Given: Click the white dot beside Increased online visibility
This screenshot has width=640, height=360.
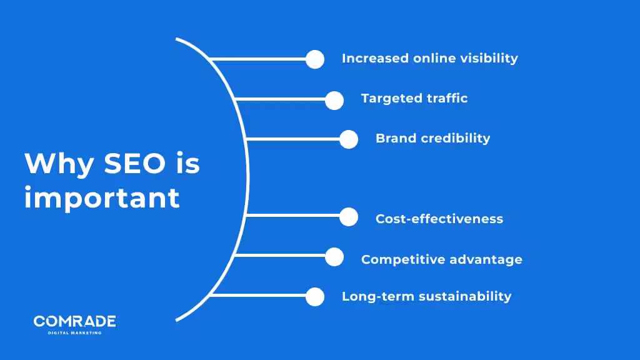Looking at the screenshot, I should pos(315,59).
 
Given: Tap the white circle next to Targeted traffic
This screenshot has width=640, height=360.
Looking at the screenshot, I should pos(334,100).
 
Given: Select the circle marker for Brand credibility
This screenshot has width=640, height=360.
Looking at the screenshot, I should pos(349,139).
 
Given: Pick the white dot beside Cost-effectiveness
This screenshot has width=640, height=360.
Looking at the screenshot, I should pos(349,217).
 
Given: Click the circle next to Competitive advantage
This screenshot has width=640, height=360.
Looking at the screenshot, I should pos(334,257).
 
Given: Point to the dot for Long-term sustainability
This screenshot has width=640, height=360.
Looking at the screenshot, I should pos(315,297).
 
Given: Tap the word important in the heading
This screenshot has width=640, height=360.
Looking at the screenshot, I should pos(102,198).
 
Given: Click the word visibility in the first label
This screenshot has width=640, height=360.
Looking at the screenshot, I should pos(487,58).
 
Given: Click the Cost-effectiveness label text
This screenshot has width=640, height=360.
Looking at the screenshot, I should pos(439,219).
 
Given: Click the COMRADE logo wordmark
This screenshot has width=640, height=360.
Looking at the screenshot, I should pos(74,321).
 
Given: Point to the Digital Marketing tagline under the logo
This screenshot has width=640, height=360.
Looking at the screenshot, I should pos(74,332).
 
